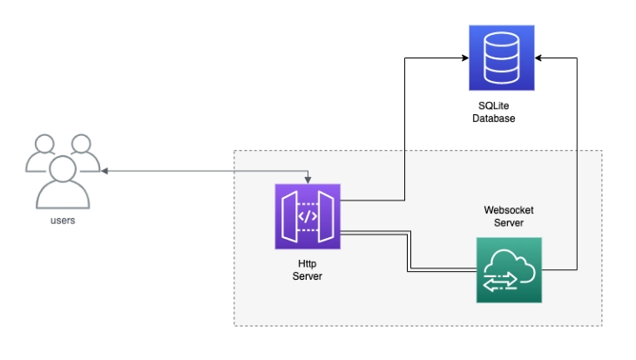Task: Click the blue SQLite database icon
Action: [502, 58]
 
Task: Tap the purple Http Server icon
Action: [308, 216]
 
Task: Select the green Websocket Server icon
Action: [509, 270]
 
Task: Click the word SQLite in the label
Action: [494, 105]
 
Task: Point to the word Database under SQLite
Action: [494, 118]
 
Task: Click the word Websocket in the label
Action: [509, 210]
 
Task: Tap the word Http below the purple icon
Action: [307, 264]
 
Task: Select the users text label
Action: [63, 221]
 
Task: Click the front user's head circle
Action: [63, 168]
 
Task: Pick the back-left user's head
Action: [44, 144]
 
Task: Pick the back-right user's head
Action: [81, 144]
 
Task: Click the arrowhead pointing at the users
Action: [105, 171]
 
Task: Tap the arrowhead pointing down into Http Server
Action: [308, 180]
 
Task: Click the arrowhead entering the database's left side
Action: [465, 58]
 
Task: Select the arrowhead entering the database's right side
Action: [538, 58]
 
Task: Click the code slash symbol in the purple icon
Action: [308, 216]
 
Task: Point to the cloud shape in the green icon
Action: [510, 266]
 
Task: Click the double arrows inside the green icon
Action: [500, 282]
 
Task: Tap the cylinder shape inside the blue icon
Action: [502, 58]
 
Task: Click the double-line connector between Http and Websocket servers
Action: [409, 252]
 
